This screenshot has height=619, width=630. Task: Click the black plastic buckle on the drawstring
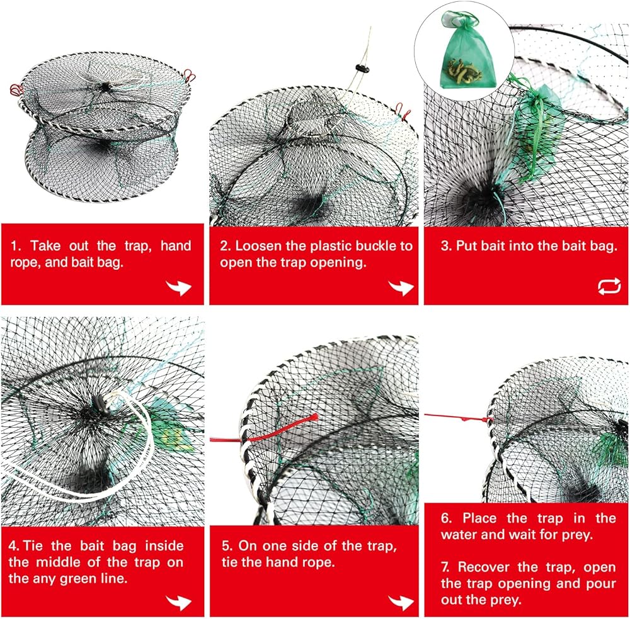pos(362,68)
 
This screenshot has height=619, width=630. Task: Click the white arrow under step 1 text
pos(178,287)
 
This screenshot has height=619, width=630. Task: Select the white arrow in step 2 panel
pos(401,287)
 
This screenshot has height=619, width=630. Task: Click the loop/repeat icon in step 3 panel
pos(609,286)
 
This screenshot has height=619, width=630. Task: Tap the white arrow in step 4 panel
pos(178,602)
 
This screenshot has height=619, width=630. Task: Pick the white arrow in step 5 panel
pos(401,602)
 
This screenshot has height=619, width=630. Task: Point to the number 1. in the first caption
pos(16,245)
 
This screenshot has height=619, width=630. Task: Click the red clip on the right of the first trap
pos(189,75)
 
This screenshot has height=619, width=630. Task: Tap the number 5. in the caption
pos(227,545)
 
